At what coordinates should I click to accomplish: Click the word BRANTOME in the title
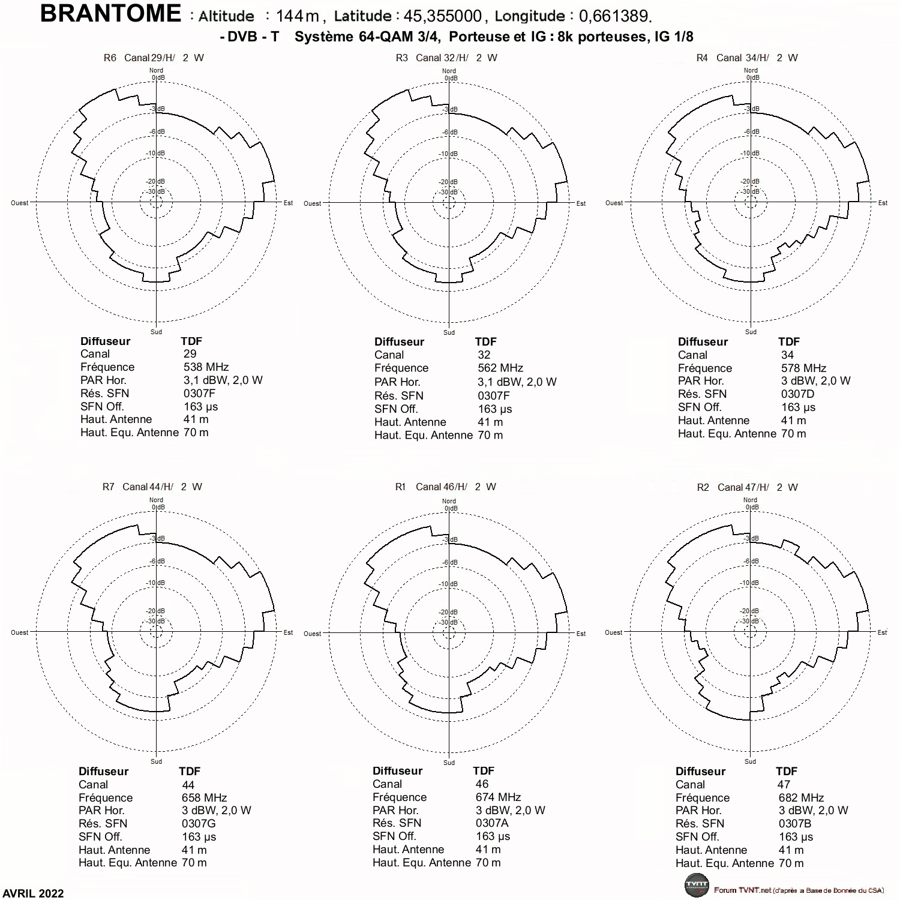pos(110,13)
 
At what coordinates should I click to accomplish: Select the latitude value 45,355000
pos(443,16)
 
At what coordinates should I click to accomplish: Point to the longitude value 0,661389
pos(616,16)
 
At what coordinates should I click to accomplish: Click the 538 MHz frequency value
pos(206,367)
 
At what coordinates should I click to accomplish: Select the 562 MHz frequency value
pos(500,368)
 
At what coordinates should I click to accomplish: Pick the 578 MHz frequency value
pos(803,368)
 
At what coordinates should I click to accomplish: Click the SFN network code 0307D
pos(797,394)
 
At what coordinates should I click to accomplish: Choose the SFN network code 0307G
pos(199,823)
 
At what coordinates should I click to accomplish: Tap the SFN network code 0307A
pos(492,823)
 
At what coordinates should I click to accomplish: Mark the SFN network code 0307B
pos(795,823)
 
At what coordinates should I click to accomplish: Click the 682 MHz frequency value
pos(801,797)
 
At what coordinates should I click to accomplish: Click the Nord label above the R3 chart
pos(449,71)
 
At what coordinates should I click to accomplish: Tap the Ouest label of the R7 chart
pos(20,632)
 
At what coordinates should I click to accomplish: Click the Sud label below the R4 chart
pos(751,332)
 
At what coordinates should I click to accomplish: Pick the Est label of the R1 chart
pos(581,634)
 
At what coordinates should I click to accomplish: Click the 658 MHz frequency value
pos(204,797)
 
